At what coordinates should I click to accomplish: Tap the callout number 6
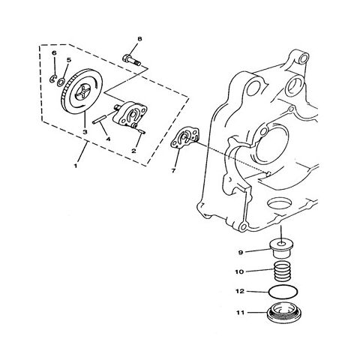(x=54, y=54)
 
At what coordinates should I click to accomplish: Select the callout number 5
(x=69, y=59)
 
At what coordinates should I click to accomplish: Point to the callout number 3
(x=85, y=132)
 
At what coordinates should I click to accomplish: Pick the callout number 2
(x=134, y=151)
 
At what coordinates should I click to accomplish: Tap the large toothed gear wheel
(x=83, y=94)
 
